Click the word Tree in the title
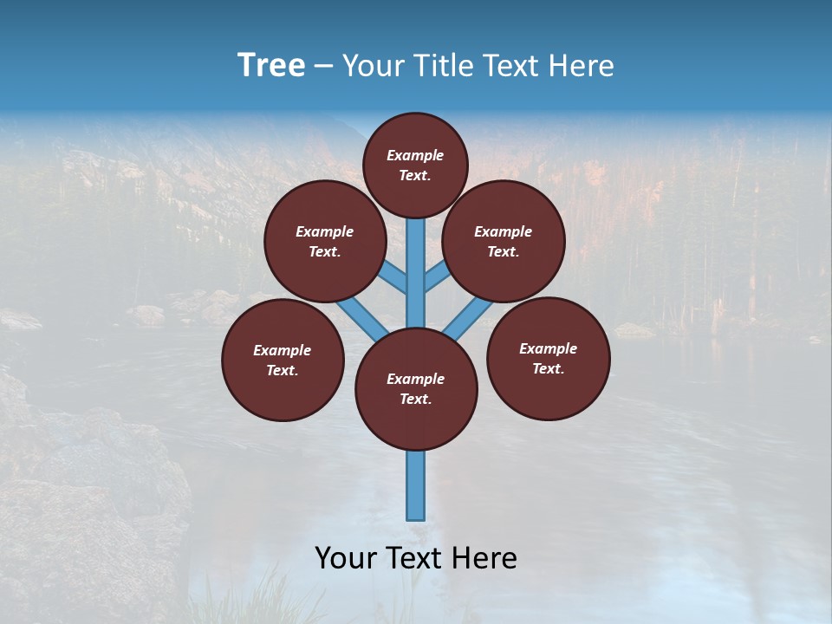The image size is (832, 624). (x=271, y=65)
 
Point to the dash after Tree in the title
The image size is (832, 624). (x=323, y=67)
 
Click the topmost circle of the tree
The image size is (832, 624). (x=415, y=165)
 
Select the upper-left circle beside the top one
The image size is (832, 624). (x=324, y=242)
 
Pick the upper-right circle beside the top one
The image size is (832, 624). (x=504, y=242)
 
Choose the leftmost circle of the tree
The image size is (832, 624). (x=283, y=361)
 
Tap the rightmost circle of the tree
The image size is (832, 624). (x=548, y=359)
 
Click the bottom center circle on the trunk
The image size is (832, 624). (x=416, y=389)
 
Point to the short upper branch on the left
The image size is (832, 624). (x=393, y=276)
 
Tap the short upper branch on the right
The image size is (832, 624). (x=437, y=276)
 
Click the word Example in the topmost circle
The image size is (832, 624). (x=415, y=155)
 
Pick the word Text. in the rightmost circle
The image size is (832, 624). (x=548, y=368)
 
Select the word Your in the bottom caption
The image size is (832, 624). (x=345, y=558)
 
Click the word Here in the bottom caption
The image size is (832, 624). (x=487, y=558)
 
